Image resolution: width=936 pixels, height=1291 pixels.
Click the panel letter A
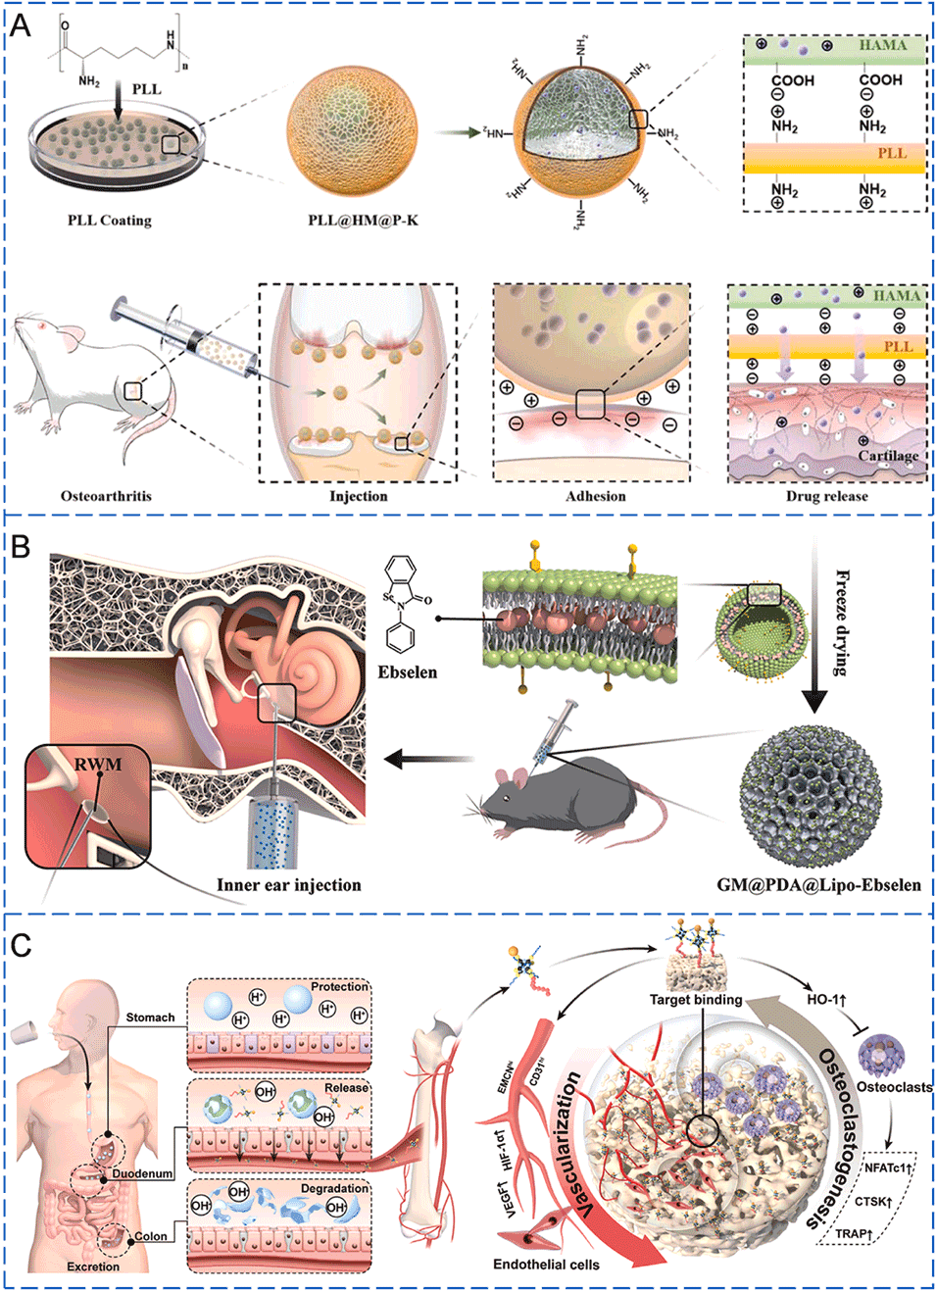20,25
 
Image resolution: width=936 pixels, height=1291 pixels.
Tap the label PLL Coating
109,220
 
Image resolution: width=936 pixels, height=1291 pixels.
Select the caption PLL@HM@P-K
363,220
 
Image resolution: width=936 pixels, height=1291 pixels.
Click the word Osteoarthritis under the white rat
106,495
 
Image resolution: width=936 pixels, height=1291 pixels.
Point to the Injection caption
358,495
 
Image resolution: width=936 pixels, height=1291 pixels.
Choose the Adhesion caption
595,495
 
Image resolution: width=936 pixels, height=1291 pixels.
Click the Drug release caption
826,495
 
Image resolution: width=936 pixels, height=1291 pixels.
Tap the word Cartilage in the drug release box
888,455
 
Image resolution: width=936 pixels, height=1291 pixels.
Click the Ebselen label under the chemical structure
407,671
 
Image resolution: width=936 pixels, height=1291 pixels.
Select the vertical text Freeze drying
841,621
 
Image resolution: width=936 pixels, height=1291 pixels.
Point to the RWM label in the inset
98,764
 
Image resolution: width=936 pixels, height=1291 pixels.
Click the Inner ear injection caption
288,884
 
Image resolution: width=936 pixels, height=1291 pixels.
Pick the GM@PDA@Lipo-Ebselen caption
818,884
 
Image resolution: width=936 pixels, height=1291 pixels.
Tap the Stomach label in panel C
150,1018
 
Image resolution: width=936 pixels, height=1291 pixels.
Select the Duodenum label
142,1173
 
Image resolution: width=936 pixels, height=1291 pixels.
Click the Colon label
150,1236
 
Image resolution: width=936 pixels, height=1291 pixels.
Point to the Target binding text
696,1000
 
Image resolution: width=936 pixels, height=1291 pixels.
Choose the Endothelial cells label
546,1265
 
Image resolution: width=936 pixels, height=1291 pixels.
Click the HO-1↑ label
826,999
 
